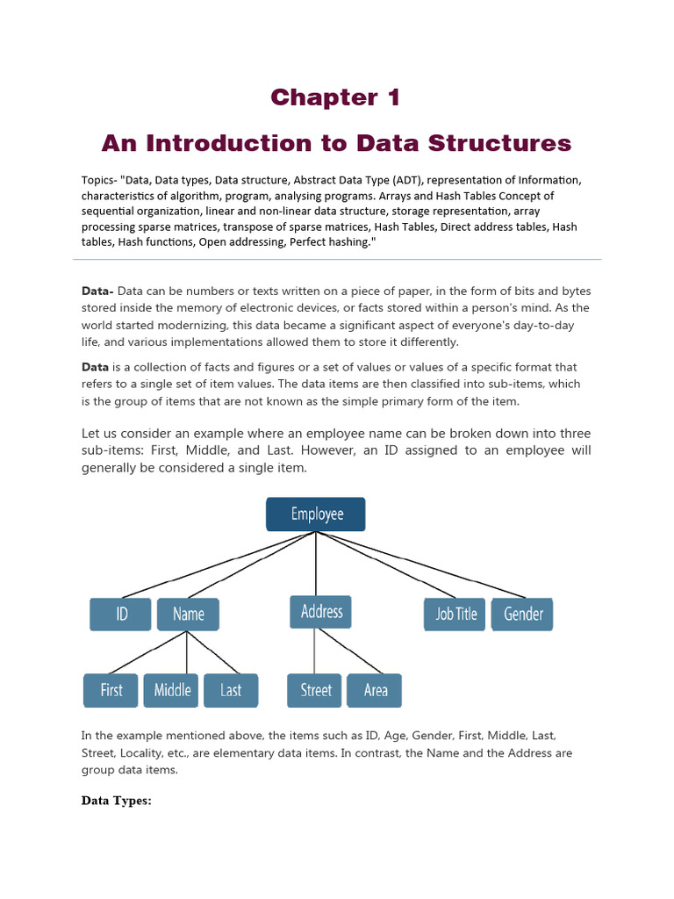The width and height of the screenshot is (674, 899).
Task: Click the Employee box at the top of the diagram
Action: point(316,514)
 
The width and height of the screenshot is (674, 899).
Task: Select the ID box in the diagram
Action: point(120,614)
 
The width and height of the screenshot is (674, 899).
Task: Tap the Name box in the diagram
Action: point(188,614)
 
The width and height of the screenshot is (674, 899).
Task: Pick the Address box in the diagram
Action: point(320,611)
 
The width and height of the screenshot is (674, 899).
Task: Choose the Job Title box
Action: point(455,614)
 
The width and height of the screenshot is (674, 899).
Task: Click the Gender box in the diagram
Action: point(522,614)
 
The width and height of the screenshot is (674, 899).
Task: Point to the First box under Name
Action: point(111,690)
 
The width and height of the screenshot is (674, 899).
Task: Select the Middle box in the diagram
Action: point(172,690)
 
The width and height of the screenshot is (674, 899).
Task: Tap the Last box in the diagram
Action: point(231,690)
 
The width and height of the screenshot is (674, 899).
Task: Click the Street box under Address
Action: point(315,690)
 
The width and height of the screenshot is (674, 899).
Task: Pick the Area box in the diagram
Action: point(375,690)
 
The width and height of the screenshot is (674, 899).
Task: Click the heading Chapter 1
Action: point(335,97)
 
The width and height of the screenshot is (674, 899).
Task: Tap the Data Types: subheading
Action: point(117,801)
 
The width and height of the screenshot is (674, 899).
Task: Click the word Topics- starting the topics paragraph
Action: point(99,180)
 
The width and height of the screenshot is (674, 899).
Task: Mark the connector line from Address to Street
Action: point(315,651)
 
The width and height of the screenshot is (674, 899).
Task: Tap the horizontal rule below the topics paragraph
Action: point(337,259)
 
